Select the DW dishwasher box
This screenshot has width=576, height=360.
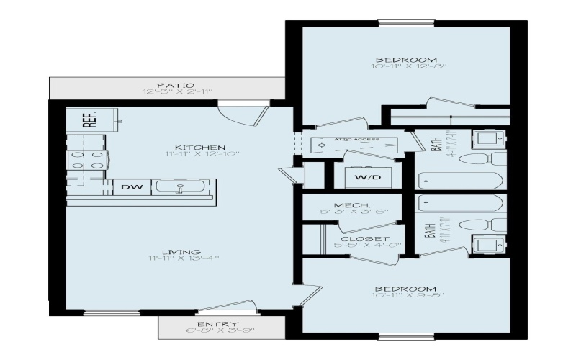pyautogui.click(x=131, y=187)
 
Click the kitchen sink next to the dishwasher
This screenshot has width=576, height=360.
pyautogui.click(x=181, y=188)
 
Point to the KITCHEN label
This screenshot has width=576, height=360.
pyautogui.click(x=190, y=147)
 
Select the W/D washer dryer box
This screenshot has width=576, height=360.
pyautogui.click(x=363, y=176)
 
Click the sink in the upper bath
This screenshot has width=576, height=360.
pyautogui.click(x=483, y=138)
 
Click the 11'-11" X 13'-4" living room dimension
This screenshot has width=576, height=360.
pyautogui.click(x=184, y=258)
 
